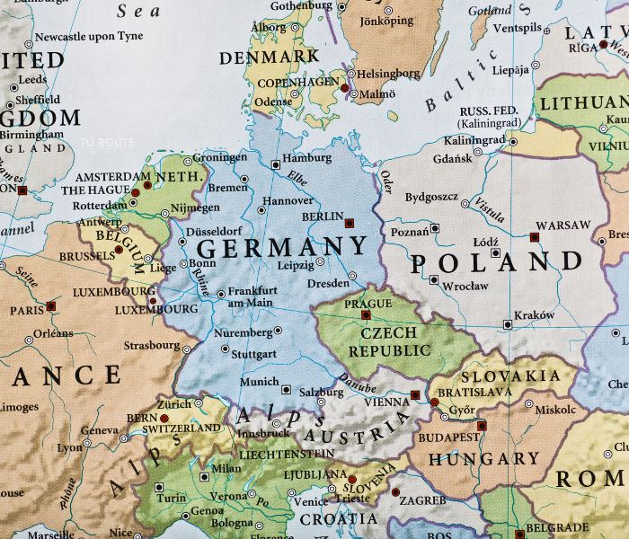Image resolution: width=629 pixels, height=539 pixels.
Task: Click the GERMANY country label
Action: [x=282, y=247]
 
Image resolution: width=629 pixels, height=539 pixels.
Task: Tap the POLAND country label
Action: [x=497, y=262]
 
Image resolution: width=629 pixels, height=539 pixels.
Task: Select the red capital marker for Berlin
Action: [x=350, y=222]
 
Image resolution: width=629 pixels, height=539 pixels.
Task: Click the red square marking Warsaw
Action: [x=534, y=237]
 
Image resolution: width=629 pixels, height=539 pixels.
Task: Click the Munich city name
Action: [x=259, y=382]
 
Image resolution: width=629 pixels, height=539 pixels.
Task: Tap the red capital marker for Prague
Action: [x=366, y=314]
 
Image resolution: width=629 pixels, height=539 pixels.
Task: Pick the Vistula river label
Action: [x=490, y=208]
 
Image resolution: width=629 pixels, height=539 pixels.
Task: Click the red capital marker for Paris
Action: [x=51, y=306]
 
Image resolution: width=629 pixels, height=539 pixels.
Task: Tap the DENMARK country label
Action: [x=270, y=56]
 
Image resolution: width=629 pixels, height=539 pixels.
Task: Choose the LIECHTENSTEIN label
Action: [x=284, y=454]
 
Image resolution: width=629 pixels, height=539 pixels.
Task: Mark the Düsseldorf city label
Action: [x=216, y=230]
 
